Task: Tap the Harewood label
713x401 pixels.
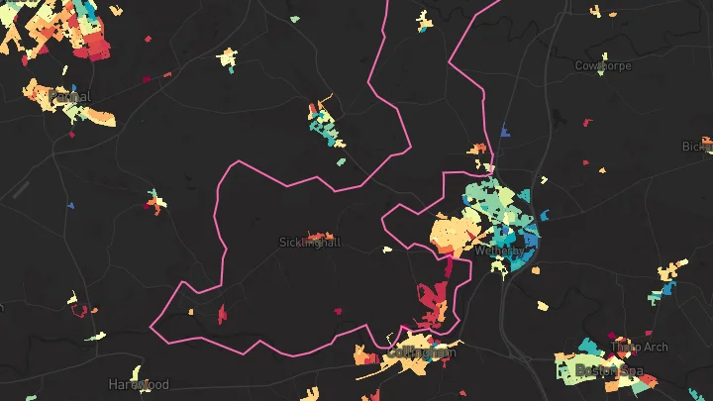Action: [x=139, y=384]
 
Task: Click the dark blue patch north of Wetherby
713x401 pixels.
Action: [x=505, y=131]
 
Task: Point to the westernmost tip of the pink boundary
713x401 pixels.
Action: [x=152, y=325]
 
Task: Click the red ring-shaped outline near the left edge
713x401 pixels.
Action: [x=79, y=311]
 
